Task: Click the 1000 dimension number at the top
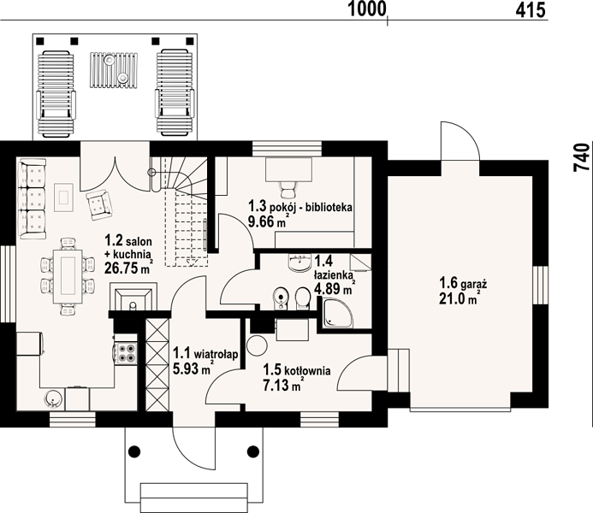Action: [366, 9]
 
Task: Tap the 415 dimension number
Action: [531, 9]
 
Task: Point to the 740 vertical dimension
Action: [583, 158]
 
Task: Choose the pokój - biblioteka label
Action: [311, 207]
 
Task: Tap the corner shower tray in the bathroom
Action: [338, 313]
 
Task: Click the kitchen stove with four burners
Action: [127, 353]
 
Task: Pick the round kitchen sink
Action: [52, 398]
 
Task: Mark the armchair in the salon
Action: [99, 204]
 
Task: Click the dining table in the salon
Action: [68, 276]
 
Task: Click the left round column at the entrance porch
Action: [134, 451]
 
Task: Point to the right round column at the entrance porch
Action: [253, 451]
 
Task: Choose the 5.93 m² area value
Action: [192, 368]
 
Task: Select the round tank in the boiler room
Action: [257, 345]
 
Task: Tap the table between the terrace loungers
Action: [114, 70]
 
